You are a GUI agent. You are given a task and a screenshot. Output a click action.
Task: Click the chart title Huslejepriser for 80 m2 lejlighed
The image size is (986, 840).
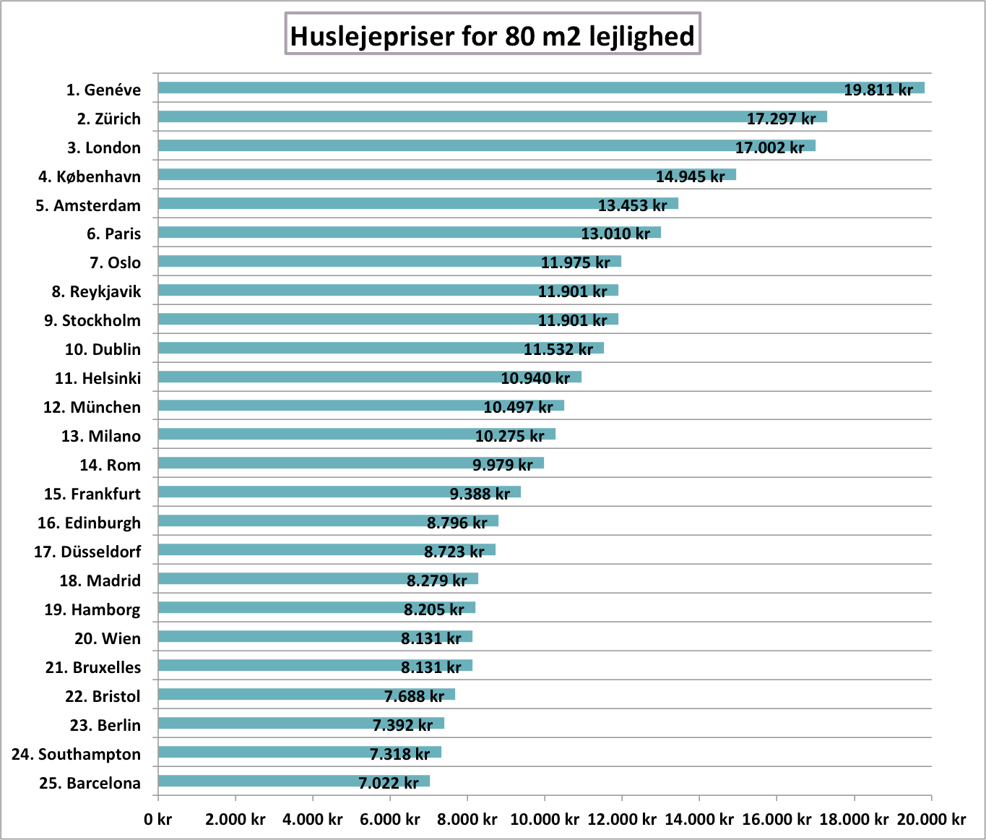[x=493, y=35]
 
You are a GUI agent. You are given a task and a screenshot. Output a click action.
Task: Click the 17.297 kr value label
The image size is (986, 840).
[x=781, y=119]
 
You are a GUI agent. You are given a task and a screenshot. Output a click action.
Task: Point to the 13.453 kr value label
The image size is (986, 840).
[x=632, y=205]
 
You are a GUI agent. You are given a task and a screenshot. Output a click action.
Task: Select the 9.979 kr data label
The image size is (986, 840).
[x=502, y=465]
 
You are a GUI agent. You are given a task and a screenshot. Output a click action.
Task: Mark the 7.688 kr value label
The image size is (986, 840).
[x=414, y=696]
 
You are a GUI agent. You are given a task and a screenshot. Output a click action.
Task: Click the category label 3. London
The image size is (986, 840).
[x=104, y=147]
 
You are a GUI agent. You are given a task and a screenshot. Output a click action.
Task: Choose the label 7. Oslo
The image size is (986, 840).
[x=115, y=262]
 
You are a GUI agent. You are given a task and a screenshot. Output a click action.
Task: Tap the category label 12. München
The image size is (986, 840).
[x=92, y=407]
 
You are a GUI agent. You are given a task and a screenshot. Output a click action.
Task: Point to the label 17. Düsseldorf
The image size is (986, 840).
[x=87, y=552]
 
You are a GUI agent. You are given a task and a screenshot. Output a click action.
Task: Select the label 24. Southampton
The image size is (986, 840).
[x=76, y=754]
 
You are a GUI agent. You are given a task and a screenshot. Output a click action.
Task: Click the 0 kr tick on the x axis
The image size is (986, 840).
[x=157, y=819]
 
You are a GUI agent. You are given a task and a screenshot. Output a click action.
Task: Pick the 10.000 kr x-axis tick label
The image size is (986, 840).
[x=545, y=819]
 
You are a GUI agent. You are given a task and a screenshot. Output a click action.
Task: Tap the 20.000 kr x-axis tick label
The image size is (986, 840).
[x=931, y=819]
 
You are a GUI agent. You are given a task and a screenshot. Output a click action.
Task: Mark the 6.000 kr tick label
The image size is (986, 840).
[x=390, y=819]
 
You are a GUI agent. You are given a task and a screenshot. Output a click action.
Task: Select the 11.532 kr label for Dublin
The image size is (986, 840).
[x=558, y=349]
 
